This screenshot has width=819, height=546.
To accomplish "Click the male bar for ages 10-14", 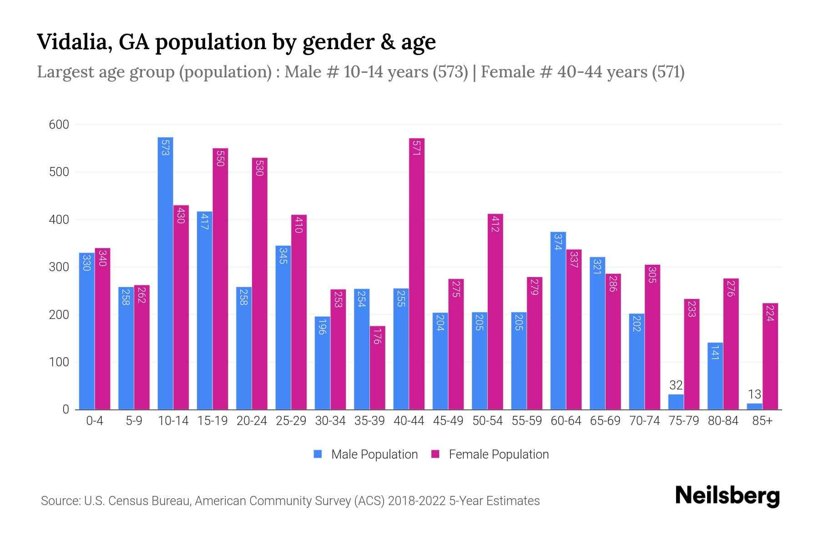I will (x=165, y=273).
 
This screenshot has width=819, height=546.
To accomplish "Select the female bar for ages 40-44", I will (x=417, y=273).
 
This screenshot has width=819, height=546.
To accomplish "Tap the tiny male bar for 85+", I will (x=754, y=406).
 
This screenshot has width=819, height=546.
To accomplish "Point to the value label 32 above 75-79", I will (x=676, y=385).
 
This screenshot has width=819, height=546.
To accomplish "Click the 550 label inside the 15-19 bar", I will (x=220, y=158).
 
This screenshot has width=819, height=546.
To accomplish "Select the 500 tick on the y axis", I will (x=59, y=172).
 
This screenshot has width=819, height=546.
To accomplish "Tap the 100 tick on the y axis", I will (x=59, y=362).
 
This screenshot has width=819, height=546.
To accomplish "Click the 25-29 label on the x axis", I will (x=291, y=421).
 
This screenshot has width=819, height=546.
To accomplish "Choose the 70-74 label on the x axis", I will (x=644, y=421).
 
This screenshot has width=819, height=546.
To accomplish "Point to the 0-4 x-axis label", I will (x=95, y=421).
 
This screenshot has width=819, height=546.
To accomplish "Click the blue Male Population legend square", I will (x=318, y=454).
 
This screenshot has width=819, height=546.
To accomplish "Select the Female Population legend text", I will (x=499, y=454).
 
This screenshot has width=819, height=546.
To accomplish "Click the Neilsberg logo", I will (x=727, y=496).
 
